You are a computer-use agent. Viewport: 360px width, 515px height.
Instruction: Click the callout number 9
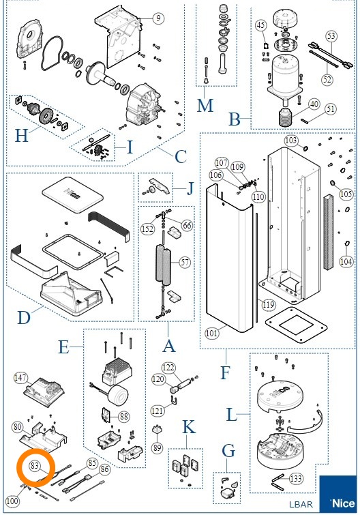click(x=158, y=18)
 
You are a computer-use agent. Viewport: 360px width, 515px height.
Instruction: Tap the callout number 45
click(x=260, y=25)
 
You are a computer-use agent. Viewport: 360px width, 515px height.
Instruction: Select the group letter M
click(x=205, y=105)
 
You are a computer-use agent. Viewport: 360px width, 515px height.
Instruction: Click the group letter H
click(x=22, y=135)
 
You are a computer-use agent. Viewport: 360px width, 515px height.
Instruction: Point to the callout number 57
click(x=185, y=262)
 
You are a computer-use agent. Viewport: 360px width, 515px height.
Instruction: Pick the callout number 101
click(x=211, y=334)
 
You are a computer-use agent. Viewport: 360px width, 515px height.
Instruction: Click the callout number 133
click(x=296, y=478)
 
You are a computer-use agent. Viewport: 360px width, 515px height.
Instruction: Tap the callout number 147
click(x=20, y=378)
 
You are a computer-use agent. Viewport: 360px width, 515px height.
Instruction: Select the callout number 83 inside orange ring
click(x=35, y=465)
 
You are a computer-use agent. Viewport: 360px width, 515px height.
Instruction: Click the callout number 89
click(x=157, y=447)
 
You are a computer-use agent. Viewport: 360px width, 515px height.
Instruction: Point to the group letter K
click(x=189, y=427)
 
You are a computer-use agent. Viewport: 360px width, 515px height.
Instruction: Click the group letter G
click(x=228, y=451)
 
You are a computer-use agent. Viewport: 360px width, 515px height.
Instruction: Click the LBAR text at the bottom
click(x=301, y=504)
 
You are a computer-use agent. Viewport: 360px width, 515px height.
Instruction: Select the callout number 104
click(x=346, y=261)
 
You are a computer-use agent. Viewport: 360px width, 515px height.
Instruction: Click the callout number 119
click(x=268, y=305)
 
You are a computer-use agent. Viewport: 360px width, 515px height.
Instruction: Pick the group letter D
click(x=24, y=318)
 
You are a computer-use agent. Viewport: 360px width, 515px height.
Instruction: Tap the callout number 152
click(x=147, y=229)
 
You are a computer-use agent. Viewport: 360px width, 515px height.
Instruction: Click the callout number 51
click(x=331, y=108)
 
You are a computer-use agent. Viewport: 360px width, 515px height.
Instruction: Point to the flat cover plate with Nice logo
click(x=72, y=194)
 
